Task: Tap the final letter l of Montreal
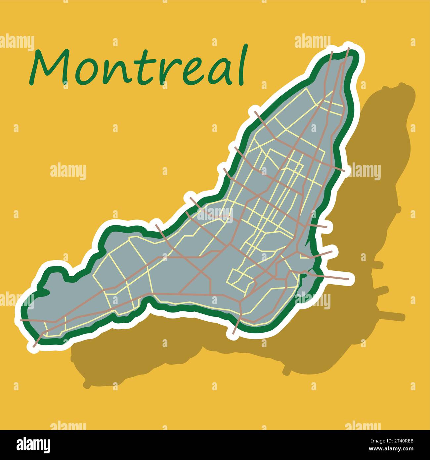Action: coord(243,65)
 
